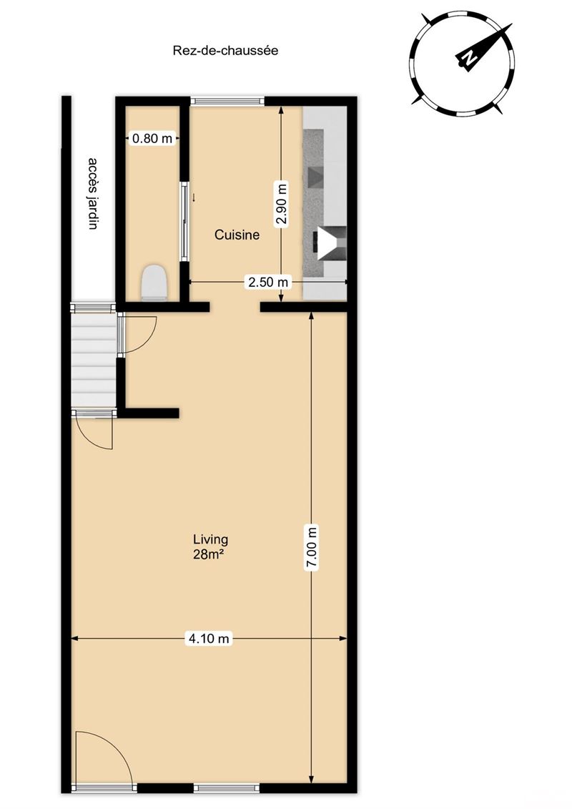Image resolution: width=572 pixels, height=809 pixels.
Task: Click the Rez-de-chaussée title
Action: point(225,51)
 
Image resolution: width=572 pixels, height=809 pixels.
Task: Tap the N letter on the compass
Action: point(468,58)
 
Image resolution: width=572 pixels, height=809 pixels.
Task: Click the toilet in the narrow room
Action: point(154,283)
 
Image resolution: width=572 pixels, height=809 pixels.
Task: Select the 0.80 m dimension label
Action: point(152,138)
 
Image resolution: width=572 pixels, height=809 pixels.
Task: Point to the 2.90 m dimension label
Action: point(281,205)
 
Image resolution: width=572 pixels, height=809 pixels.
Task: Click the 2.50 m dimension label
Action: point(267,283)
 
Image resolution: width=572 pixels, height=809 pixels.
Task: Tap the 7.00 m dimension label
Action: point(312,547)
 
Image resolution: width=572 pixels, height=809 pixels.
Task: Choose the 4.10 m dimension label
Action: point(208,639)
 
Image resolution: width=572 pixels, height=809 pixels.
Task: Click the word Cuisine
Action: point(237,235)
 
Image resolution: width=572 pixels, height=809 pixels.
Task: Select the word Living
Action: point(210,539)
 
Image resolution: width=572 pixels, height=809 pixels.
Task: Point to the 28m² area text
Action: point(210,555)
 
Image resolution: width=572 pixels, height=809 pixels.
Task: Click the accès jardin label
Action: point(93,193)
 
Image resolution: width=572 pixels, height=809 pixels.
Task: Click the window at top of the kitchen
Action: point(227,101)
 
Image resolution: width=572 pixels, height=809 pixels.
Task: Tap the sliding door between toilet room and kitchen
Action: point(184,221)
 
